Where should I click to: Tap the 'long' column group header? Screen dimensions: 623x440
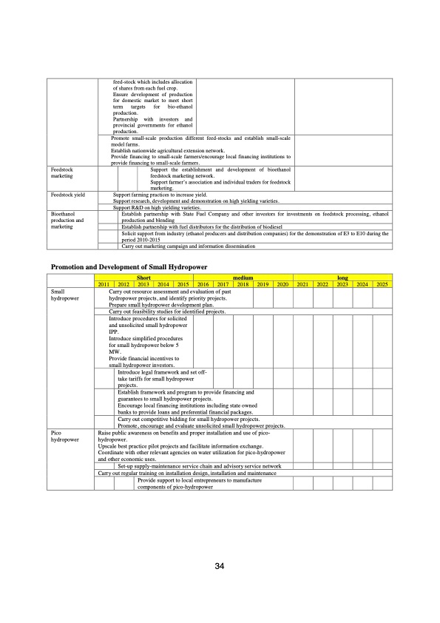(x=342, y=278)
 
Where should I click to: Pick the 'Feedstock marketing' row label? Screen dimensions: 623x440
(x=62, y=174)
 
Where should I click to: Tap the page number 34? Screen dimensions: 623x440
(x=220, y=566)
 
